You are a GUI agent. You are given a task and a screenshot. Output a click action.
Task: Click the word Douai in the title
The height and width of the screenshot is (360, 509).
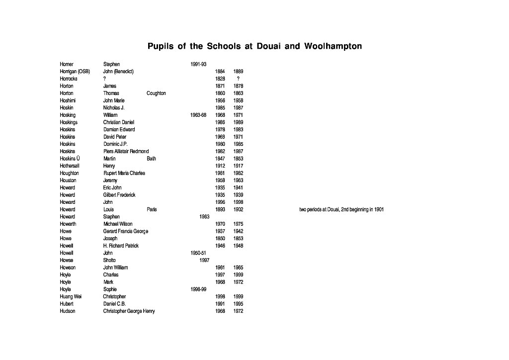point(271,47)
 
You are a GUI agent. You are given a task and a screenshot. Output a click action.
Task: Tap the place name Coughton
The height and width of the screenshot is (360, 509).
point(156,93)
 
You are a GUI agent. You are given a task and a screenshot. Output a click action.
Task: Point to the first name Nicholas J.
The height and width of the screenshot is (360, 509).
point(114,108)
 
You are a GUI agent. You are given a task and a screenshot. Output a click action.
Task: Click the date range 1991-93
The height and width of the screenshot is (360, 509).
point(198,65)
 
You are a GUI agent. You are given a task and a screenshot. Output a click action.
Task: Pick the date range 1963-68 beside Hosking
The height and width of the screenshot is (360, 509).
point(198,115)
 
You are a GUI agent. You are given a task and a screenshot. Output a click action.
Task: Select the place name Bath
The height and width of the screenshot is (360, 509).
point(151,159)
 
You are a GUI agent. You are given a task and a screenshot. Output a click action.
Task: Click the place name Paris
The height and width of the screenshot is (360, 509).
point(152,210)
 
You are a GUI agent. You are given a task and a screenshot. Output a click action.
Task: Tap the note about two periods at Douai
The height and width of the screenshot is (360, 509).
point(341,210)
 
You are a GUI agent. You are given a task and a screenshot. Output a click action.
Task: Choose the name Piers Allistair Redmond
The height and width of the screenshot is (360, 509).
point(126,152)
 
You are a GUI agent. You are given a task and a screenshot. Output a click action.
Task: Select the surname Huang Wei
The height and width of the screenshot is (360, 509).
point(71,297)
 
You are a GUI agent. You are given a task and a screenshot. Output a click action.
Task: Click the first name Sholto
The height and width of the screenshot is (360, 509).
point(109,261)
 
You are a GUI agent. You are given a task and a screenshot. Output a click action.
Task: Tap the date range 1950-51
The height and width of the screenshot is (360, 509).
point(198,253)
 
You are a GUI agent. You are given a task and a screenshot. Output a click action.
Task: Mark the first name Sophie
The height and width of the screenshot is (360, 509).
point(110,289)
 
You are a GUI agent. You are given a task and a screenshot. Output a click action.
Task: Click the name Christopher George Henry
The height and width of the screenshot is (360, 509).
point(129,311)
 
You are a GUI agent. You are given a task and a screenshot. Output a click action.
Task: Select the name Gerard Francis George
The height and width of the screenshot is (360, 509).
point(125,232)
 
